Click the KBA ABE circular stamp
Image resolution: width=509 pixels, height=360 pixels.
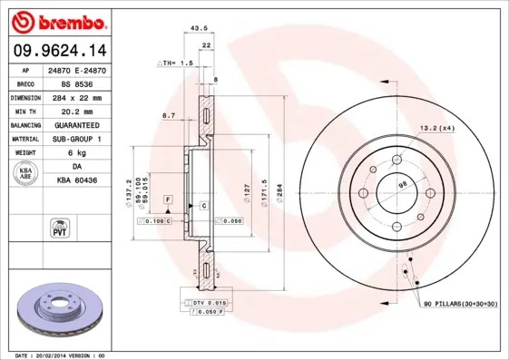tap(27, 174)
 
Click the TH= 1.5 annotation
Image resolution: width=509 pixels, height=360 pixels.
tap(177, 63)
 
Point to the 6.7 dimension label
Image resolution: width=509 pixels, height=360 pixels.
tap(168, 115)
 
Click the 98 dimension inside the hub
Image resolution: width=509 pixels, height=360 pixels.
tap(402, 186)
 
